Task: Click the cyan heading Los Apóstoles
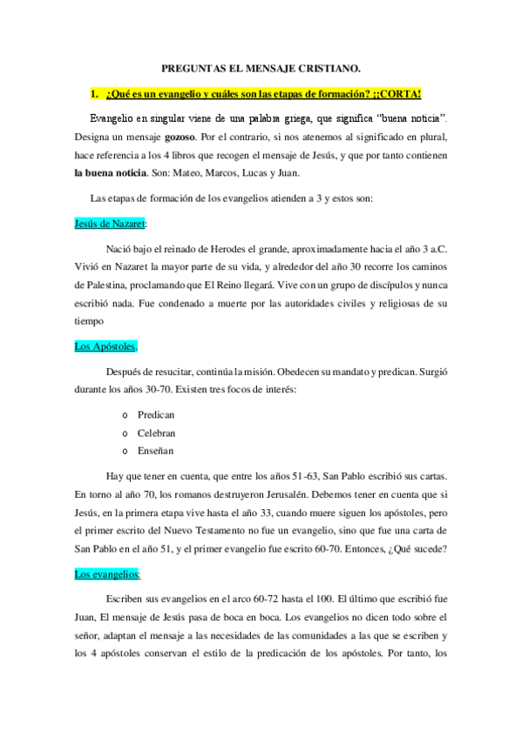tap(105, 346)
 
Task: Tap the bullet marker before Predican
tap(127, 415)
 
